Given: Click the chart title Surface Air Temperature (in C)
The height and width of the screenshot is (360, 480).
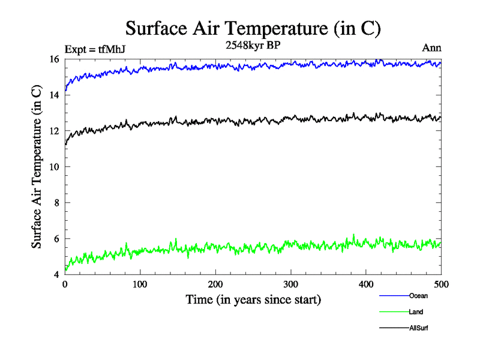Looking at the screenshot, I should pyautogui.click(x=253, y=28).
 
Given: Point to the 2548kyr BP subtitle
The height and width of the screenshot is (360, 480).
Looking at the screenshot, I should pyautogui.click(x=252, y=45).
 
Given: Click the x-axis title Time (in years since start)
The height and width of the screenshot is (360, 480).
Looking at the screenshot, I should pyautogui.click(x=253, y=299).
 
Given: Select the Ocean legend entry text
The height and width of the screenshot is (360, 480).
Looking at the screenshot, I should pyautogui.click(x=418, y=296).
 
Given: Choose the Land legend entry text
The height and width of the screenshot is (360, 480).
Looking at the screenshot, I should pyautogui.click(x=416, y=312).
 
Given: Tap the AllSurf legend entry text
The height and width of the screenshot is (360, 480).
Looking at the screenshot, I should pyautogui.click(x=419, y=328).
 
